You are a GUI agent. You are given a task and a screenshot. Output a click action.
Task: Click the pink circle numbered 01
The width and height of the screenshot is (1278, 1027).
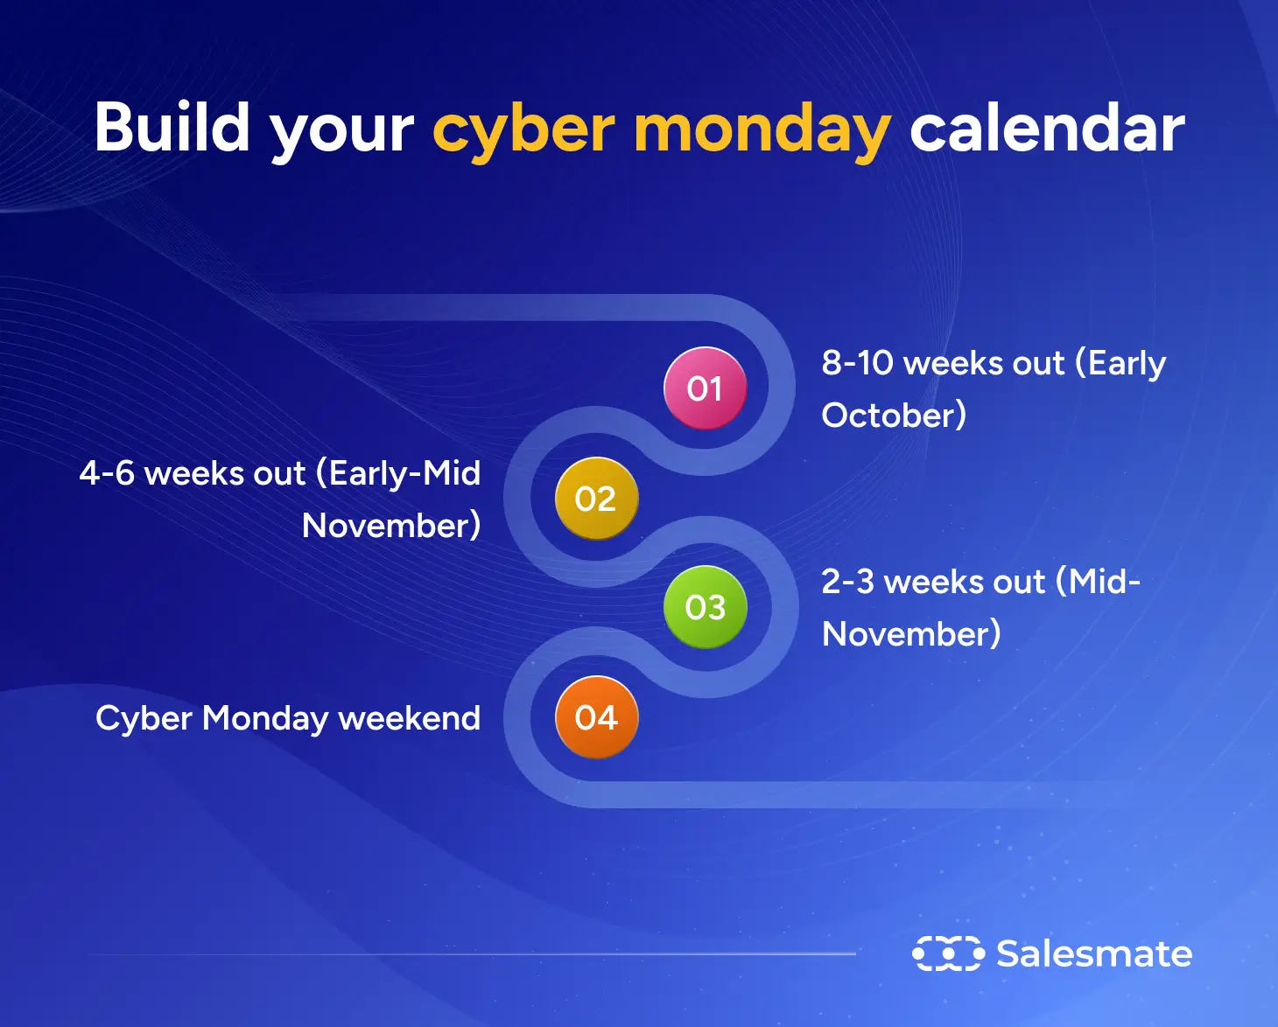705,388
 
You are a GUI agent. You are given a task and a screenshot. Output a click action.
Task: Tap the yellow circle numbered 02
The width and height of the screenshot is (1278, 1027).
596,499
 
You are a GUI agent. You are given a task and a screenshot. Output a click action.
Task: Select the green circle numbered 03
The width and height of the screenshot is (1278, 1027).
705,607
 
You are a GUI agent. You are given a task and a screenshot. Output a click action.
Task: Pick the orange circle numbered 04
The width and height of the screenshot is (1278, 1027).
596,717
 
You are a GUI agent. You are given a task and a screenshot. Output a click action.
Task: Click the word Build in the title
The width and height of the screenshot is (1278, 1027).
172,128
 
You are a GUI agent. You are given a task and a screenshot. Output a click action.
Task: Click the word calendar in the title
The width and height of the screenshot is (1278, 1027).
1047,128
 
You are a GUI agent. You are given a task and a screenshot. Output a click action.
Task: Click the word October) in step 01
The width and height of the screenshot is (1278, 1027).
894,415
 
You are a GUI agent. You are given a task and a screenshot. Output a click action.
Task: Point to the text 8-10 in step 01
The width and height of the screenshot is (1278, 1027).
856,362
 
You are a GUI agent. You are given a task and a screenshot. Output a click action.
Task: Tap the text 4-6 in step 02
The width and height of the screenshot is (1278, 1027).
107,473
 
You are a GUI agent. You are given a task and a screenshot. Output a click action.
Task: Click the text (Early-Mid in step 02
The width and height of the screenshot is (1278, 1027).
398,473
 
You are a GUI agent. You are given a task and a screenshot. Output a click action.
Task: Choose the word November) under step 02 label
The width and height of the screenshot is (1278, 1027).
391,526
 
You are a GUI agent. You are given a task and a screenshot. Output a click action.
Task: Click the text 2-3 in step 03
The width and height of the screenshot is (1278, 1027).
847,582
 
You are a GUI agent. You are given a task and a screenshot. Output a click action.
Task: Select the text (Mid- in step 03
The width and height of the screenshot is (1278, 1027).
1098,582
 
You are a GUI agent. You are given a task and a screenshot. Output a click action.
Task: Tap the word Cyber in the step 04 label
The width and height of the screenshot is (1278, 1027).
144,719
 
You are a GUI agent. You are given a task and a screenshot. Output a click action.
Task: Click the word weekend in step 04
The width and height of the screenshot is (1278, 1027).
410,718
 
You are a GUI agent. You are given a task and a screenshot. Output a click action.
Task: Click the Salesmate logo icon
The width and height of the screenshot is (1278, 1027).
948,954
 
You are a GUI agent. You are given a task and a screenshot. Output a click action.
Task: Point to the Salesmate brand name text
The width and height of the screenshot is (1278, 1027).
1094,954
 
